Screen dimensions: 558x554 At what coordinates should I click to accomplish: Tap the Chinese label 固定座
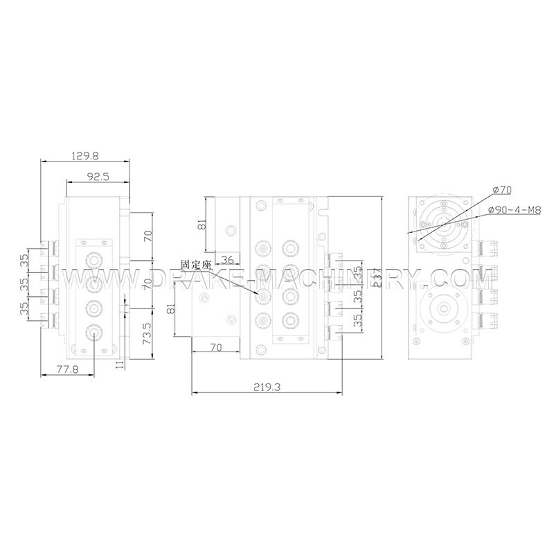pyautogui.click(x=195, y=265)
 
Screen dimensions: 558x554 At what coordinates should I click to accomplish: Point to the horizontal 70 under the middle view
pyautogui.click(x=215, y=348)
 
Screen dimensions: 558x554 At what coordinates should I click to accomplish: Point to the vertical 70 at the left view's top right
pyautogui.click(x=148, y=236)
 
